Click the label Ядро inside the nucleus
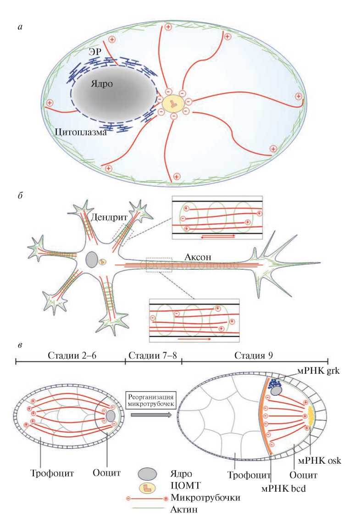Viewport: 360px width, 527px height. pos(101,84)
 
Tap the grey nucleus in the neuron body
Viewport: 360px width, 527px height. pos(91,260)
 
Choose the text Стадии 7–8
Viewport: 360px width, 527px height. pos(153,355)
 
